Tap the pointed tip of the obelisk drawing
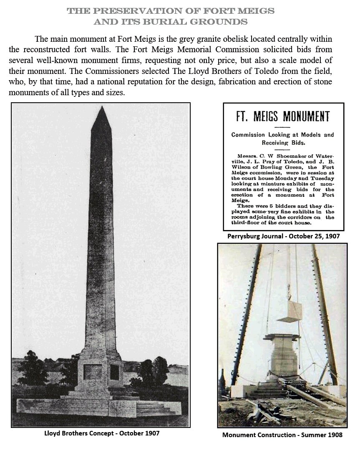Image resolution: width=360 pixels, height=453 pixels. point(101,108)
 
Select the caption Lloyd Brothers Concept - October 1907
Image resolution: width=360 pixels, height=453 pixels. point(102,433)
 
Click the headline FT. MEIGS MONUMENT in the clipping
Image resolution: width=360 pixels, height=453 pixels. point(283,116)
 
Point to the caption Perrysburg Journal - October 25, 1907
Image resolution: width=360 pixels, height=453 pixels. point(284,236)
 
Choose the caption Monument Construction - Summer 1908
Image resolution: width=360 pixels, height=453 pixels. point(282,435)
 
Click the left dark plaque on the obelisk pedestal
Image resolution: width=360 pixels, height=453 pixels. point(92,372)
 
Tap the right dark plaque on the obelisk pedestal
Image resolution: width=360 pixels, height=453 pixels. point(114,372)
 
